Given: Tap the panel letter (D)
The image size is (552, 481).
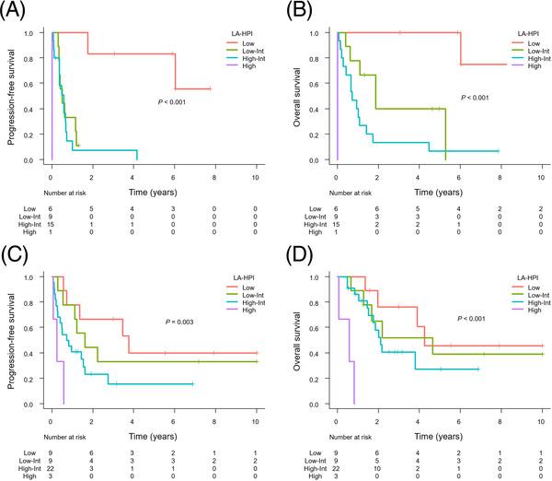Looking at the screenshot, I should [x=296, y=251].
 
